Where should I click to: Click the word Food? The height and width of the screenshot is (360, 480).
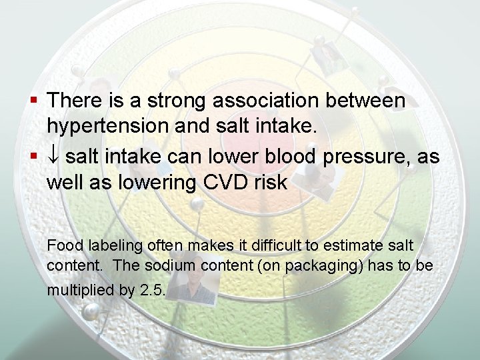coord(61,245)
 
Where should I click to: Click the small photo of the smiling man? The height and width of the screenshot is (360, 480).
coord(197,288)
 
